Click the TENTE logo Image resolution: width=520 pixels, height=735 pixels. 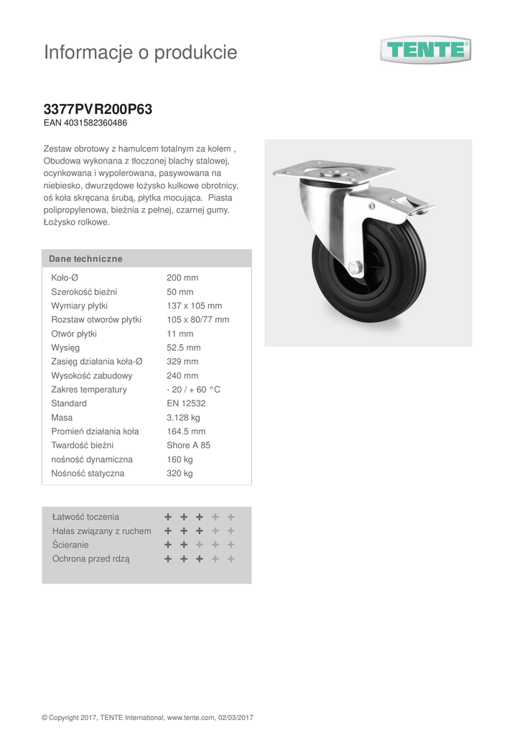point(425,50)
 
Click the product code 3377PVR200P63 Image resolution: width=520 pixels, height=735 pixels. point(98,110)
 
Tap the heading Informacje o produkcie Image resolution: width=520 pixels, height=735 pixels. point(140,52)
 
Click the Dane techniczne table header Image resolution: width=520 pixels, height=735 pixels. point(85,258)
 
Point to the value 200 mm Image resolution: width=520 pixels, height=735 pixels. point(182,278)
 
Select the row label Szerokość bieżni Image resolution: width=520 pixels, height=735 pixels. point(84,292)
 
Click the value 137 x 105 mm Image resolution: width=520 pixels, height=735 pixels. point(194,306)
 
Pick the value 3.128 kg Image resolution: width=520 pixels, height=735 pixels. point(183,418)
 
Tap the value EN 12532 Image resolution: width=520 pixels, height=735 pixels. point(186,403)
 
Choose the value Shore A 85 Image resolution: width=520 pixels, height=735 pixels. point(188,446)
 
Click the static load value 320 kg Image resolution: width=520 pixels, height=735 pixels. point(180,474)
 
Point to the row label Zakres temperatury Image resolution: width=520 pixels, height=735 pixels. point(89,390)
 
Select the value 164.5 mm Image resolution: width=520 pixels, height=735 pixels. point(186,431)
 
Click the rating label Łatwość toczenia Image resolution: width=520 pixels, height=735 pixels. point(85,517)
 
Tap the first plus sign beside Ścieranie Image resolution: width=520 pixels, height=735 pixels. point(168,545)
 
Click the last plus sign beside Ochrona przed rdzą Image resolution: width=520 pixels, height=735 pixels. point(231,558)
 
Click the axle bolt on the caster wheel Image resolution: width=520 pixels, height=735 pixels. point(355,268)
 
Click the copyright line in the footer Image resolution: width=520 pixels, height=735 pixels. point(147,717)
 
